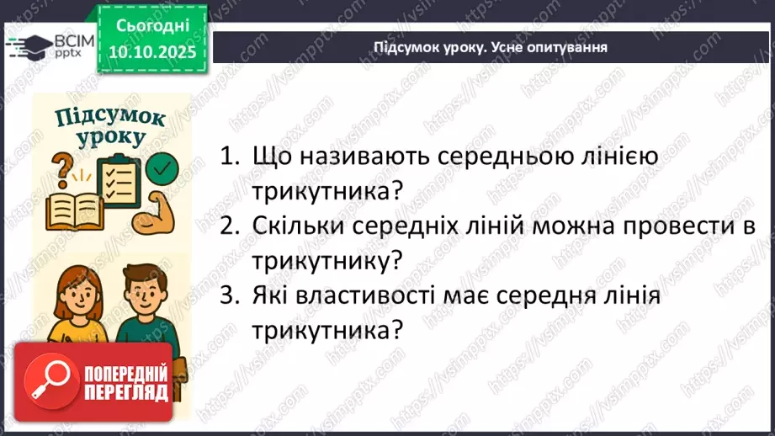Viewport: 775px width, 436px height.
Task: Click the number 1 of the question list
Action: pos(226,157)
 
